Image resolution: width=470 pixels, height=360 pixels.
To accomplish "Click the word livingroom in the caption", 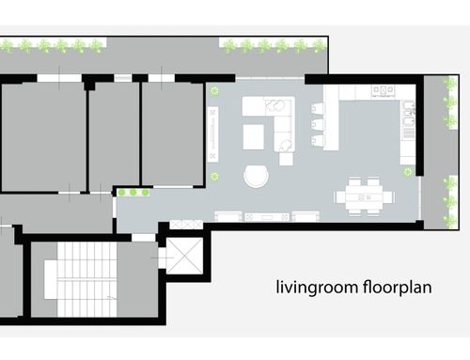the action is coord(317,288).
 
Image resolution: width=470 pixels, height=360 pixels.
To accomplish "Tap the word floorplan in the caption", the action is coord(398,288).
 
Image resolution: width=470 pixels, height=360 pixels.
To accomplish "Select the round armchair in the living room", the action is coord(257,176).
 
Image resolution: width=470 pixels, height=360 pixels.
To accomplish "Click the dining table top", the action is coord(364,197).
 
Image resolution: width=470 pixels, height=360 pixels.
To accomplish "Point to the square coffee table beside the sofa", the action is coord(254,137).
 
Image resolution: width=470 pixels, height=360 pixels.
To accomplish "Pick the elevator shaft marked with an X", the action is coord(184,256).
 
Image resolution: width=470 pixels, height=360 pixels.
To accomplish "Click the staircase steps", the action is coord(86,279).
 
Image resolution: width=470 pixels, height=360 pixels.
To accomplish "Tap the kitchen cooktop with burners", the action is coord(383,90).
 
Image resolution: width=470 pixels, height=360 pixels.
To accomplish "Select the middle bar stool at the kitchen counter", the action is coord(317,124).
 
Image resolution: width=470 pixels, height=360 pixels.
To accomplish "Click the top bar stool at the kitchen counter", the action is coord(317,108).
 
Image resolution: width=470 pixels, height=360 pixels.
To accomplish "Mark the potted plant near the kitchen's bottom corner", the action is coord(408,171).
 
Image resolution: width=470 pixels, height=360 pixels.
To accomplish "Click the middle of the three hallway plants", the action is coord(133,192).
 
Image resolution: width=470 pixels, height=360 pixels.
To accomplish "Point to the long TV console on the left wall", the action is coord(212,134).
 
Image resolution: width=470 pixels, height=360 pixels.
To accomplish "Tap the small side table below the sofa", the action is coord(286,159).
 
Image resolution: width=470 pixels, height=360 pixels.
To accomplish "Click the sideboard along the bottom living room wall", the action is coord(267,216).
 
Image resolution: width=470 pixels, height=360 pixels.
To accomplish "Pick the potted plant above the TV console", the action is coord(214,91).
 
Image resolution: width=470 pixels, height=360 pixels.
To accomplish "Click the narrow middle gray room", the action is coord(114,136).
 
